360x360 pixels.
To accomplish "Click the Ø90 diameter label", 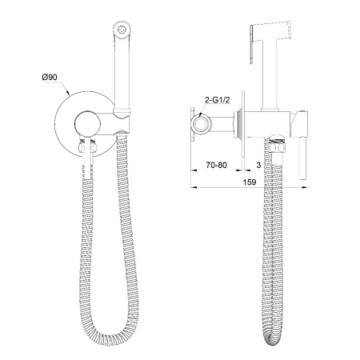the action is coord(50,78).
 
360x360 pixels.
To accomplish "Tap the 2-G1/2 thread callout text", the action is coord(218,100).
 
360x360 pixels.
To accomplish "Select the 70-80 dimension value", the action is coord(216,165).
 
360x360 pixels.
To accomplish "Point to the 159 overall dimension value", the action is coord(250,182).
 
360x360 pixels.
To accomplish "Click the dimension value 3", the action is coord(258,165).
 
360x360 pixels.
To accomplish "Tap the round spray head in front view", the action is coord(122,29).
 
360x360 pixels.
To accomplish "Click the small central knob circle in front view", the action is coord(87,124).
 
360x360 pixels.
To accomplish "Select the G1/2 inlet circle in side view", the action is coord(202,124).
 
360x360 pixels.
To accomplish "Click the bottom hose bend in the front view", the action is coord(109,334).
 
